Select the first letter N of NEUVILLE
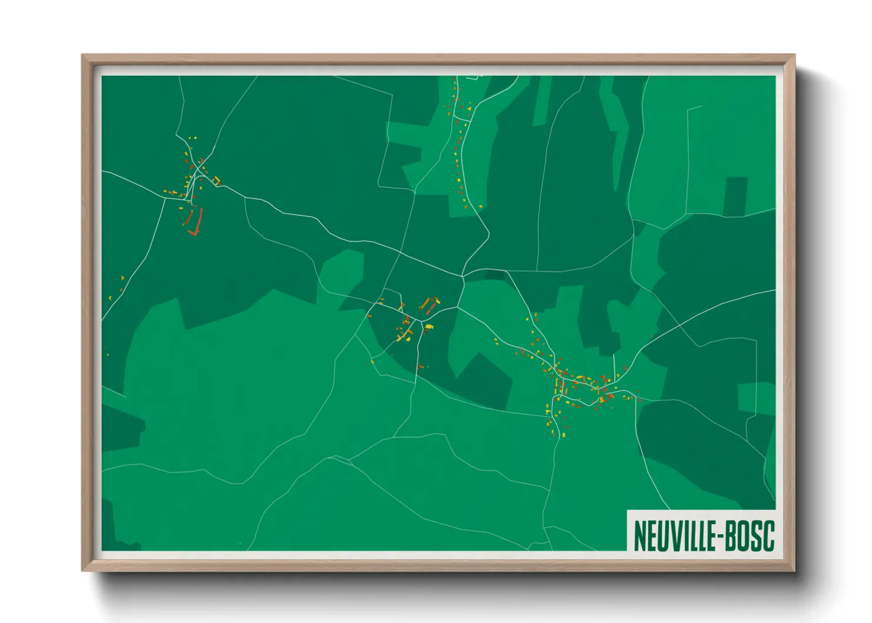pos(639,536)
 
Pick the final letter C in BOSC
pos(768,536)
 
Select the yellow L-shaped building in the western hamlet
pos(216,180)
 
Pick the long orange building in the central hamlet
pos(424,303)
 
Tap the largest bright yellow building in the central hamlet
pos(429,327)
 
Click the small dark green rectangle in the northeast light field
pos(735,196)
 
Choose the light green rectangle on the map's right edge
pos(757,397)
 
